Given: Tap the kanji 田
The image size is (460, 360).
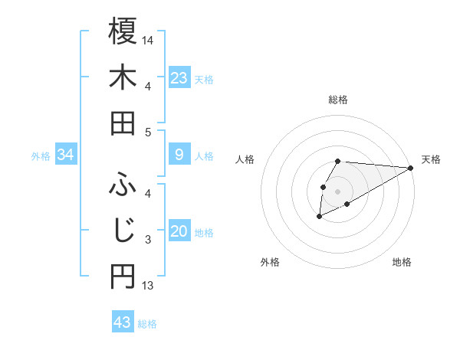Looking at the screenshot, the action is [123, 123].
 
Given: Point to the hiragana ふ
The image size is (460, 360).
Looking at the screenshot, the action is [123, 183].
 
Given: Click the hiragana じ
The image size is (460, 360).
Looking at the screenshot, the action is [123, 229].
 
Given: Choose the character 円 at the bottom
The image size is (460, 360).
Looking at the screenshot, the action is [123, 277].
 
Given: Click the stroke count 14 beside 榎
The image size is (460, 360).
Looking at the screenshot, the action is [148, 38].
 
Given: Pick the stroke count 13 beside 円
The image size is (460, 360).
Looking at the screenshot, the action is [148, 286].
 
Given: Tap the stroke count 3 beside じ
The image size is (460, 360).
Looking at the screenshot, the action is [148, 240].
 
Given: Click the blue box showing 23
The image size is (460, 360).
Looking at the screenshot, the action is [179, 78].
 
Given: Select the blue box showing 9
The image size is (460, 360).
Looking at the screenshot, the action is [179, 155].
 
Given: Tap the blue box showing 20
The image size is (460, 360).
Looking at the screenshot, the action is [179, 232].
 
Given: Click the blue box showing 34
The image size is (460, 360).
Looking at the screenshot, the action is [66, 155].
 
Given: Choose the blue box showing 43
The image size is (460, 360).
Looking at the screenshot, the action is [123, 322].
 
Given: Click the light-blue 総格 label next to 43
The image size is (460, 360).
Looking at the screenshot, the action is [147, 324].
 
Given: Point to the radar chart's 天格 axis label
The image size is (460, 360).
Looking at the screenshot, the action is [431, 159].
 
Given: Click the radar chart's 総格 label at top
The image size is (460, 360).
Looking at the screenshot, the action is [338, 100].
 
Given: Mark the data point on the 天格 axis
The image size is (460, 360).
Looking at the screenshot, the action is [411, 168].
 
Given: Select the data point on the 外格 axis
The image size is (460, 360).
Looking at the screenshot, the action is [319, 218].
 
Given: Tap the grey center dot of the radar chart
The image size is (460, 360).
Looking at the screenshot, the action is [338, 191].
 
